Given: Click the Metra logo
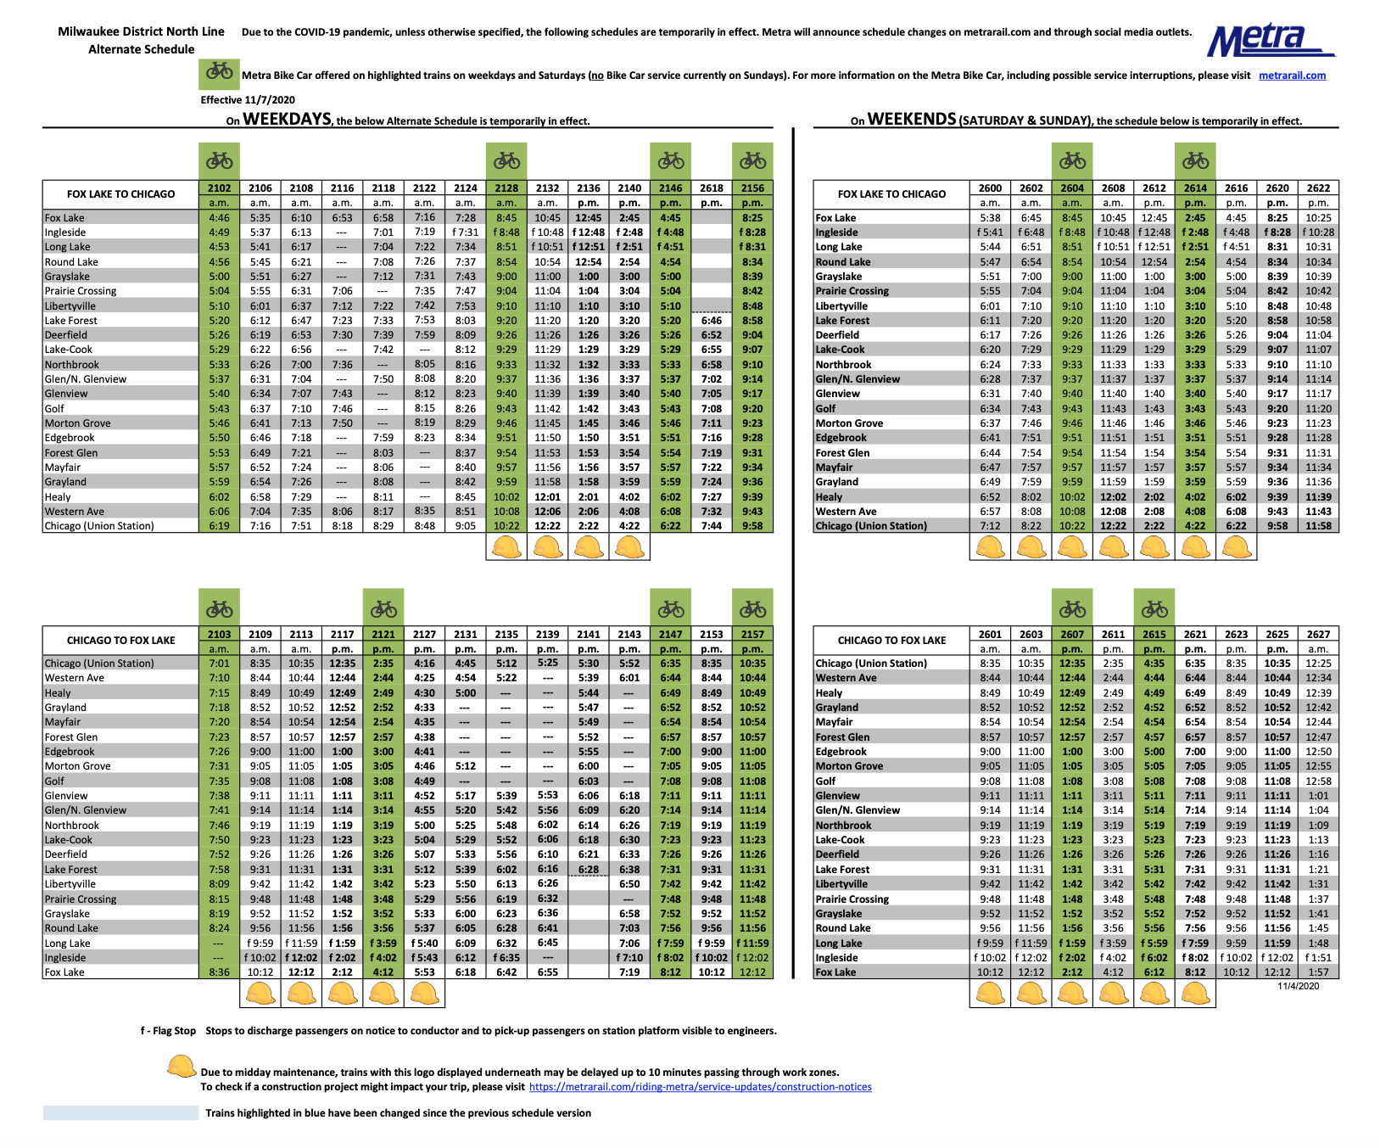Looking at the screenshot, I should click(1270, 40).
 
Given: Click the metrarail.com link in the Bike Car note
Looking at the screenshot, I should click(1292, 76).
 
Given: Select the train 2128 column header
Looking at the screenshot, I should click(506, 188).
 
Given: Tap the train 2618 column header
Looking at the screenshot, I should click(712, 188).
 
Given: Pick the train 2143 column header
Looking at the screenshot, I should click(629, 635).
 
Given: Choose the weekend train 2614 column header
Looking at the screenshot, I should click(1195, 188).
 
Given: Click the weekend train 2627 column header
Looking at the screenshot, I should click(1318, 635).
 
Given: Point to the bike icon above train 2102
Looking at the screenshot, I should click(220, 160).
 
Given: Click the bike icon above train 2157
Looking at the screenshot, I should click(752, 608).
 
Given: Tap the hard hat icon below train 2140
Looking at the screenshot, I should click(629, 548).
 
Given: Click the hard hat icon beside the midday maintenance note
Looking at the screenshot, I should click(182, 1067).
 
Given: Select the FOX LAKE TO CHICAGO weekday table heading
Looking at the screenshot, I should click(121, 194).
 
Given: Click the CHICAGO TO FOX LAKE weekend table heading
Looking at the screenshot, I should click(891, 641).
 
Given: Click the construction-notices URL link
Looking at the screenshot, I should click(700, 1087).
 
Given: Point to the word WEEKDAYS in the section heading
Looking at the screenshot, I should click(287, 120).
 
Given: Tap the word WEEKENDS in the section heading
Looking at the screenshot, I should click(912, 120).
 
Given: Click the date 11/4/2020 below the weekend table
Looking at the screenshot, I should click(1298, 986).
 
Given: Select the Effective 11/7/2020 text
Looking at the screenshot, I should click(248, 100).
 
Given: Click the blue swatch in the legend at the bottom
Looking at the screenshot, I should click(120, 1113).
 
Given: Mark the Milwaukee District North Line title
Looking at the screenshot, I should click(141, 31).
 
